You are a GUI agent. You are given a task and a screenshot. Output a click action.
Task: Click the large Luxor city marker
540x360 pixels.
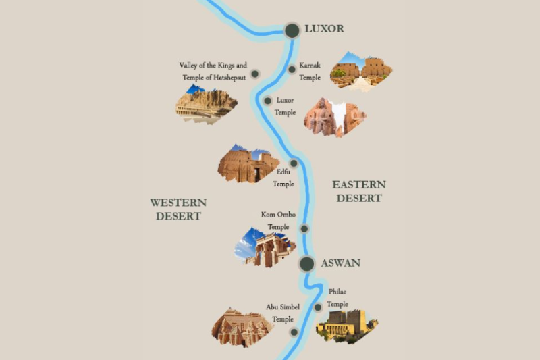(292, 30)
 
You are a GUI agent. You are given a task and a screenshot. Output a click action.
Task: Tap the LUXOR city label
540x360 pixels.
(324, 29)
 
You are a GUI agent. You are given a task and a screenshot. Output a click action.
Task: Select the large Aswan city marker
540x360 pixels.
(307, 263)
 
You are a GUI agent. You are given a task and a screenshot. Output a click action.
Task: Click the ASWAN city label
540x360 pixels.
(341, 263)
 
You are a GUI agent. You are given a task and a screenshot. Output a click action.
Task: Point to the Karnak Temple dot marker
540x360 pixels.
(292, 69)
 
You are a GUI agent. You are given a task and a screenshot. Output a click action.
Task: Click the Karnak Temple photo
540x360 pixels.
(360, 72)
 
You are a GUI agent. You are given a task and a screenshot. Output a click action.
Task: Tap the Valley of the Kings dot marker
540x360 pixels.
(255, 74)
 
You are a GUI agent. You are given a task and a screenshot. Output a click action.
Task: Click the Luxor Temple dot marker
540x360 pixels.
(268, 101)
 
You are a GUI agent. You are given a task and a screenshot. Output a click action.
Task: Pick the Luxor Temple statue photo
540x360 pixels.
(335, 117)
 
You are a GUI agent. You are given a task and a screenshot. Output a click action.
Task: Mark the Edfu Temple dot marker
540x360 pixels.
(294, 163)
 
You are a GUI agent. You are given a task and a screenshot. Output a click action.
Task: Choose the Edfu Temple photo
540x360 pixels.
(248, 164)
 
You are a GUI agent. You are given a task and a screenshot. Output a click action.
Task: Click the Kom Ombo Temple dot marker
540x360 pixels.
(304, 228)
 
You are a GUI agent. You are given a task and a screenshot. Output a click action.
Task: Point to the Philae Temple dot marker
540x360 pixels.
(318, 307)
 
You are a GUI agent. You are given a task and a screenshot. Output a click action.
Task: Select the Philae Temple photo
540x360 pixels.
(347, 326)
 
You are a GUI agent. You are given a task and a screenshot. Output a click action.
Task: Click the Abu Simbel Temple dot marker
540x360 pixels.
(294, 332)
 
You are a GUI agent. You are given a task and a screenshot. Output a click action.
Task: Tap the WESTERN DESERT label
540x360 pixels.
(178, 209)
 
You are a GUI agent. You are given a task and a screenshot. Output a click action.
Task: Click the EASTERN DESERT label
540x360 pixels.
(359, 191)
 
